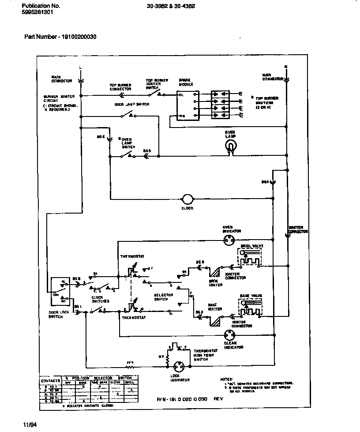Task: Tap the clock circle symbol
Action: click(x=187, y=199)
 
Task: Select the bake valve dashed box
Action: click(x=249, y=308)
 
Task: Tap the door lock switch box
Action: click(x=59, y=291)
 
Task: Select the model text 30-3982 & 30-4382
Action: click(x=171, y=6)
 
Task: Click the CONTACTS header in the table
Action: click(x=50, y=380)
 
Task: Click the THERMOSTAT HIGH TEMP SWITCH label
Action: click(x=203, y=355)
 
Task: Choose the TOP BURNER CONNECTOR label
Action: click(x=120, y=87)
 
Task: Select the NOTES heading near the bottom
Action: click(x=226, y=379)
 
